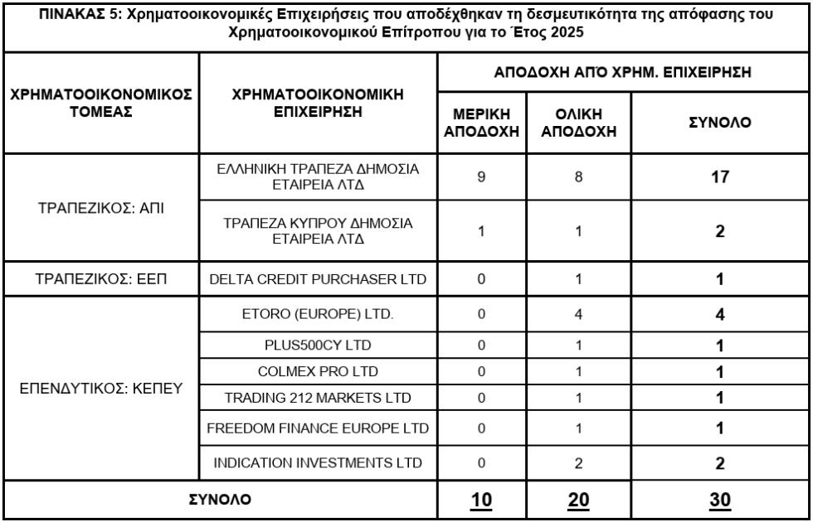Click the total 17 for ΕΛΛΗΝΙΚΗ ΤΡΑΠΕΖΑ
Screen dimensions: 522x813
coord(720,177)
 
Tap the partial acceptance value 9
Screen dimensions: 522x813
coord(481,177)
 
